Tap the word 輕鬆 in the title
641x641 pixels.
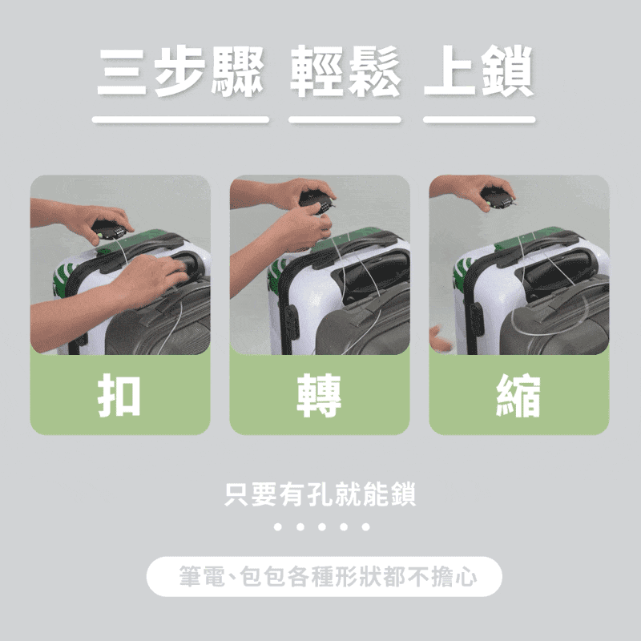pos(345,71)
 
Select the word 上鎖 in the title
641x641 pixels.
pos(479,71)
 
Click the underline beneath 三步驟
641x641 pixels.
pos(181,119)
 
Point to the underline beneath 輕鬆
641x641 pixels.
pos(345,119)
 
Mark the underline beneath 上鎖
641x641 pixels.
pos(479,119)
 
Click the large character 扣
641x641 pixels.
pos(119,396)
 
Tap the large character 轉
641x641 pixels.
pos(319,396)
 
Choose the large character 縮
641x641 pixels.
pos(518,396)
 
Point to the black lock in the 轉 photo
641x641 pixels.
pos(317,201)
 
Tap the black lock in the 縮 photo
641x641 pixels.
pos(498,197)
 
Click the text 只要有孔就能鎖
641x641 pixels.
pos(320,494)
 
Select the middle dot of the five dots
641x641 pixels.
pos(322,527)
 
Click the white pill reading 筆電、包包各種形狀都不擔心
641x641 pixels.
pos(325,576)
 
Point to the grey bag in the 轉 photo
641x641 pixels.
pos(363,323)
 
